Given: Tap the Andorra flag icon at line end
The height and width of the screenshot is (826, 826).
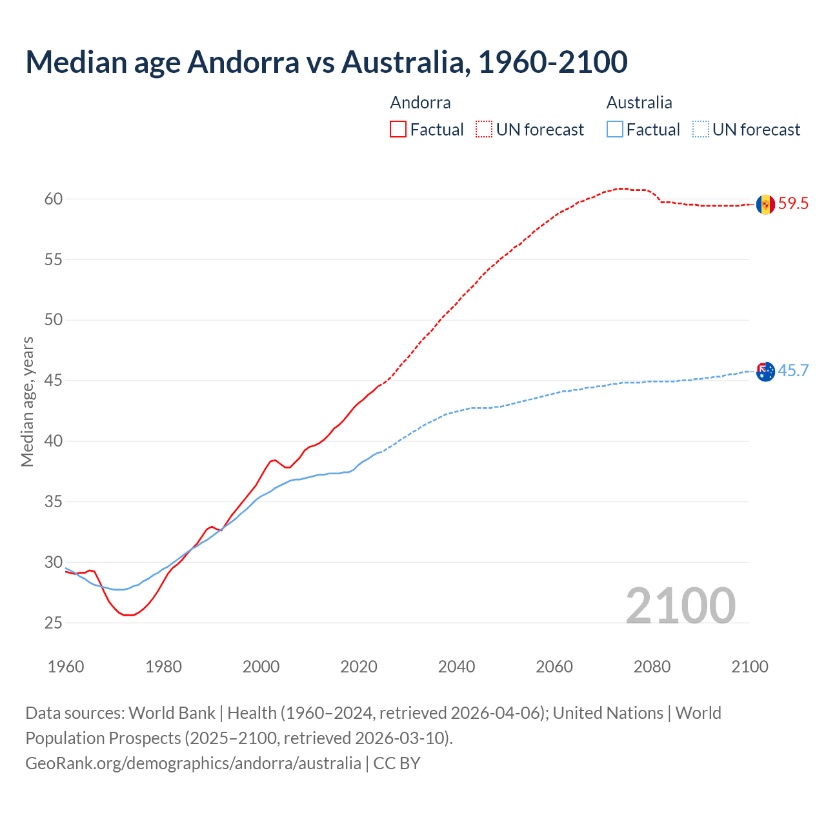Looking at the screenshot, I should click(x=765, y=205).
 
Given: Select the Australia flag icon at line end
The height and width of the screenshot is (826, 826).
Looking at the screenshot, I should click(x=765, y=372).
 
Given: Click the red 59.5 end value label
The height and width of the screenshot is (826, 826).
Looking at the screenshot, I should click(x=793, y=204).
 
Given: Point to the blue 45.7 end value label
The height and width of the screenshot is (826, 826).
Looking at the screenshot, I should click(x=793, y=370).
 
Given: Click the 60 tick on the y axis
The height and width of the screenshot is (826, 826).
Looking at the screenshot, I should click(x=54, y=199).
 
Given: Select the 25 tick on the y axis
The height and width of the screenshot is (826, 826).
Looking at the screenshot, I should click(x=54, y=623).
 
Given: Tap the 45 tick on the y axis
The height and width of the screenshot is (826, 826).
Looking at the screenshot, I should click(x=54, y=381).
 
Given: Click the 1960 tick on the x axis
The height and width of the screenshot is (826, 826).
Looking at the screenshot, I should click(x=66, y=667).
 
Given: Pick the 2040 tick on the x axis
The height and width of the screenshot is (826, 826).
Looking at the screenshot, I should click(x=456, y=667).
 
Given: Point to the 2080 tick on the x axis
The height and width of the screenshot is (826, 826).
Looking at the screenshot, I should click(x=652, y=667).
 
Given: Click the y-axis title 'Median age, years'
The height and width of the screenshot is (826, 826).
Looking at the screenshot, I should click(x=27, y=401).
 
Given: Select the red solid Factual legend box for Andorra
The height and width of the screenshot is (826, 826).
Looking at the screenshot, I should click(x=398, y=130).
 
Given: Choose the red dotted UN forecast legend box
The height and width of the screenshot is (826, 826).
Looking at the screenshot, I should click(x=484, y=130).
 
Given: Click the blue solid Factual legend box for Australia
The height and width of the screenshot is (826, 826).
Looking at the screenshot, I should click(x=615, y=130).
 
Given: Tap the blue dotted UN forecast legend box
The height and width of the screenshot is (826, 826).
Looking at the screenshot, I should click(x=701, y=130).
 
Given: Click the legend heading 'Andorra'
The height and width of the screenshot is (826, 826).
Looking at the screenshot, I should click(x=420, y=103).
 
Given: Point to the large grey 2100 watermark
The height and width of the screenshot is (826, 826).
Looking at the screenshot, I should click(x=680, y=605).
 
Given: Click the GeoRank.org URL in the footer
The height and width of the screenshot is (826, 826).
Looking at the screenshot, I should click(x=193, y=763).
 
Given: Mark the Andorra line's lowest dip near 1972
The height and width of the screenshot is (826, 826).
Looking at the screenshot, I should click(x=128, y=615).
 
